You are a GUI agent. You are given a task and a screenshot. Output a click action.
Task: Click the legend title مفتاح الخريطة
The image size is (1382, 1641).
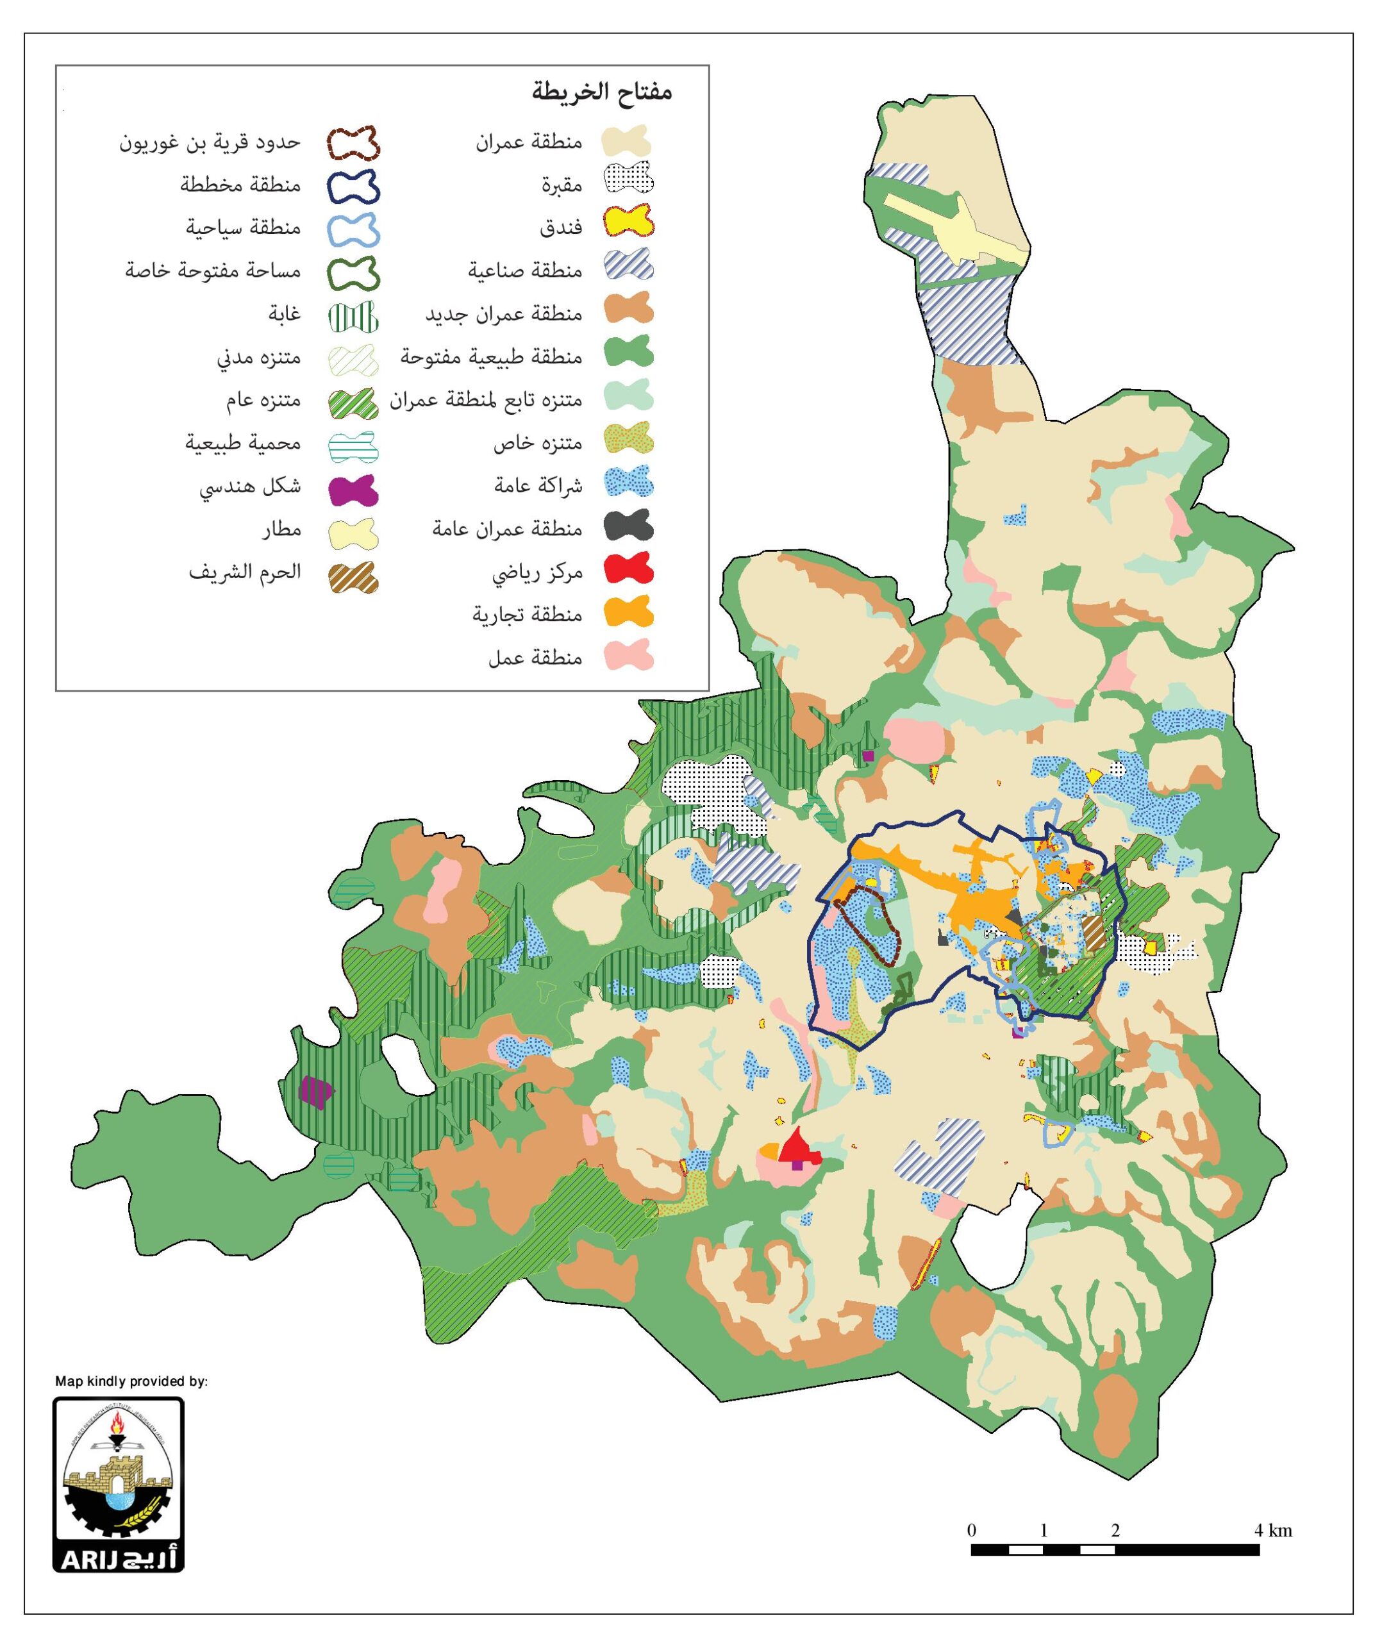coord(602,92)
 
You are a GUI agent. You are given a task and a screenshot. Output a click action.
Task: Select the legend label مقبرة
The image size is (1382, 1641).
coord(562,186)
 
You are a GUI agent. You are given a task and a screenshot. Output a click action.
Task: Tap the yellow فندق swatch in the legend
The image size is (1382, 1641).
coord(628,222)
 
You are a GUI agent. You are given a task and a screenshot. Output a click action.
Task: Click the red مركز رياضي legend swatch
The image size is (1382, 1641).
coord(628,568)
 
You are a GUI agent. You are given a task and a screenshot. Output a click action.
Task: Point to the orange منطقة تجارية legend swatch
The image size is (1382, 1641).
coord(628,611)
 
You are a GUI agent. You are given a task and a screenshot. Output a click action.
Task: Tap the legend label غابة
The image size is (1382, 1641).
coord(285,314)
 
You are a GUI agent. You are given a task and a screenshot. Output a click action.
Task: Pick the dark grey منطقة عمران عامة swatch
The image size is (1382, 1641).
coord(628,525)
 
